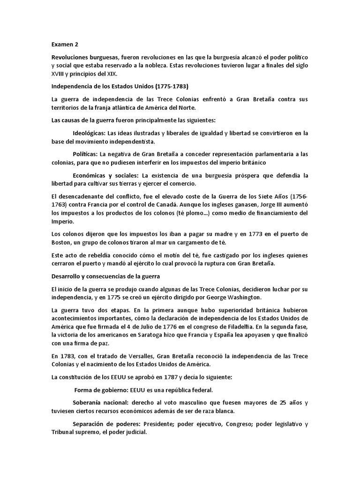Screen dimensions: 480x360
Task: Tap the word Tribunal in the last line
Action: click(x=64, y=433)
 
